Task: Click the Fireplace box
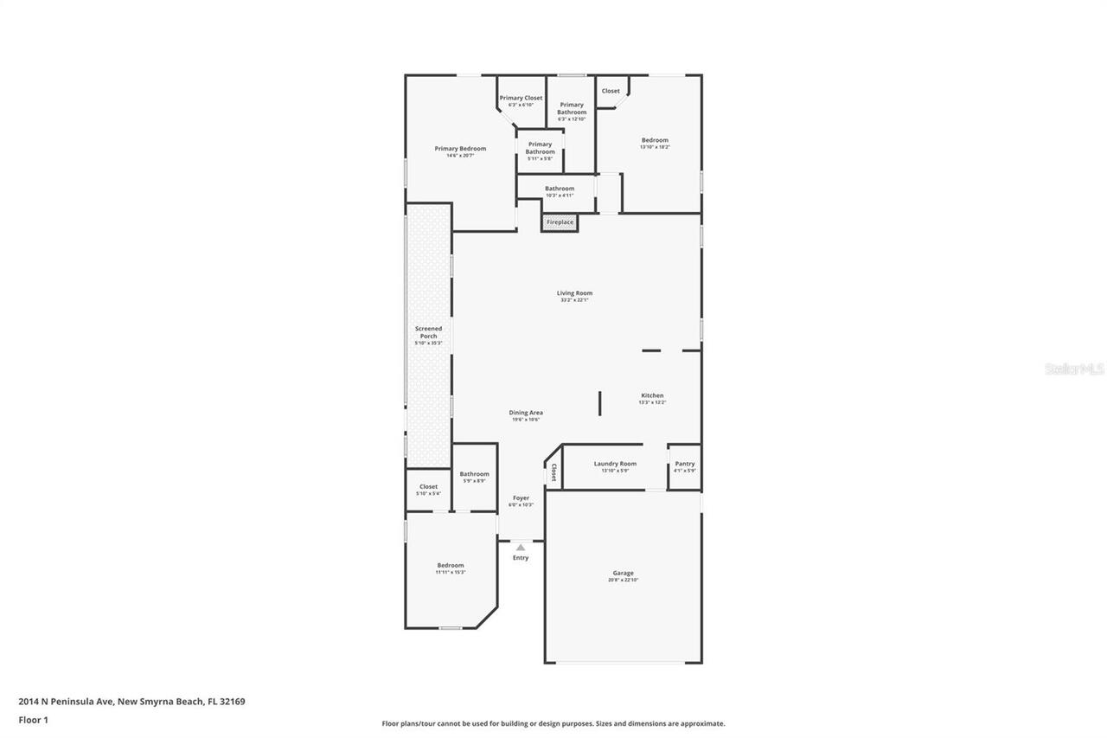coord(560,222)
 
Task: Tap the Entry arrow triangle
coord(521,547)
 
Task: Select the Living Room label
coord(574,293)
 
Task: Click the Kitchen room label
coord(652,395)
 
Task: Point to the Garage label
coord(623,573)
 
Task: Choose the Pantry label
coord(684,464)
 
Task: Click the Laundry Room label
coord(615,464)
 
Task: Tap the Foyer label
coord(521,498)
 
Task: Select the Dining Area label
coord(526,413)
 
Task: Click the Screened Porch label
coord(428,333)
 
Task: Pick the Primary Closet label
coord(521,98)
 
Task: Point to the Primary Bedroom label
coord(460,149)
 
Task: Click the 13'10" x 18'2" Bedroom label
coord(655,140)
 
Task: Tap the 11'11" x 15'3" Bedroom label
coord(450,566)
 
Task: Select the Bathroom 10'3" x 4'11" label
coord(559,189)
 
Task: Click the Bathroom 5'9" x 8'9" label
coord(474,474)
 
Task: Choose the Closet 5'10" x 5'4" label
coord(428,487)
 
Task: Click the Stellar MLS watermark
coord(1074,369)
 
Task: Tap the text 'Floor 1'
coord(33,719)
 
